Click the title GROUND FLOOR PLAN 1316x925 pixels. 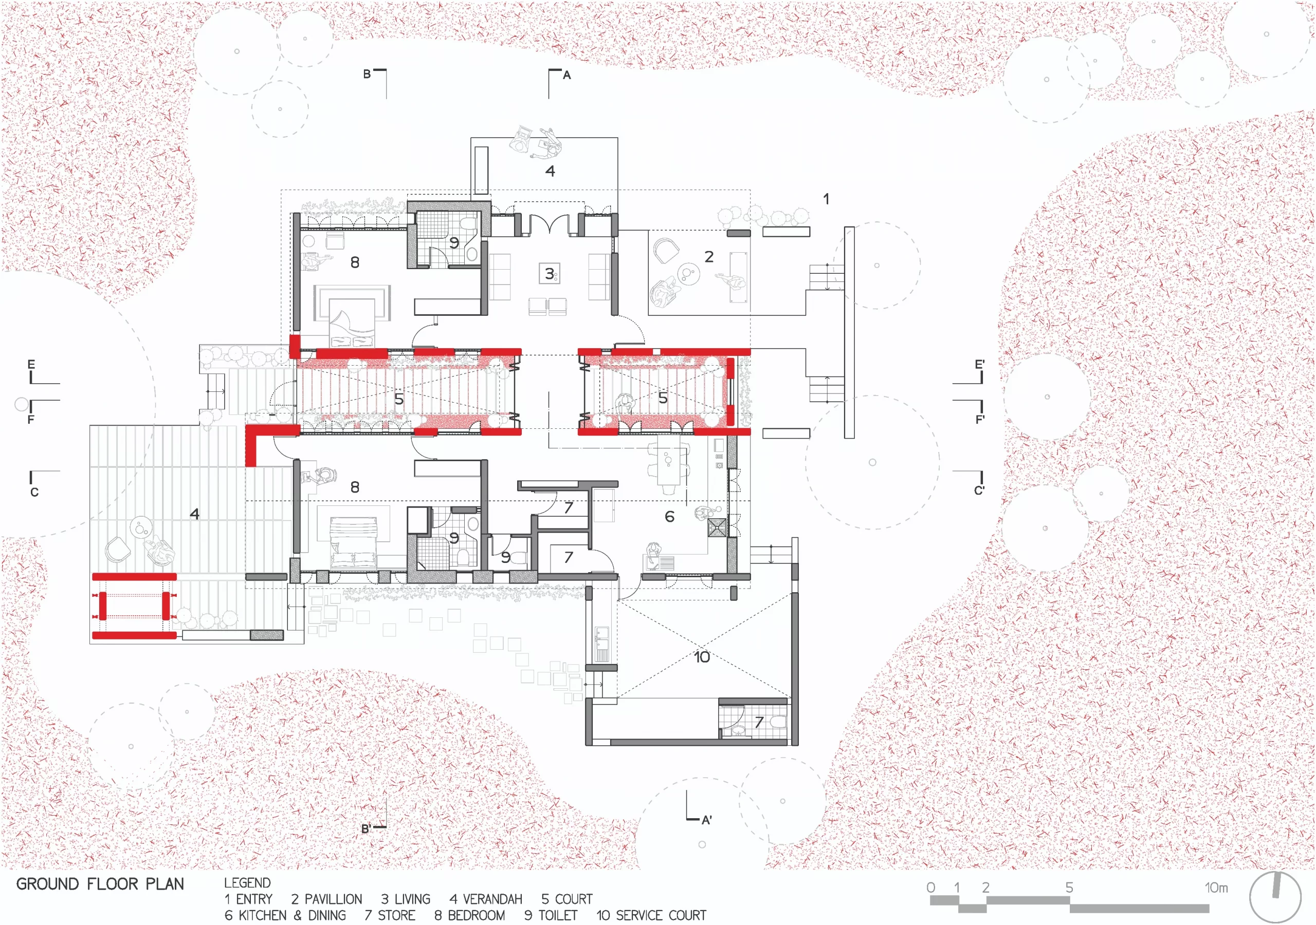[x=100, y=884]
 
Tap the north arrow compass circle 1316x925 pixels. [x=1275, y=897]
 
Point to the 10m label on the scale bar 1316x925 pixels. [x=1216, y=887]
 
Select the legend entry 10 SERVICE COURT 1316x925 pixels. [x=651, y=915]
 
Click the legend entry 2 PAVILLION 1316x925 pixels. [x=326, y=899]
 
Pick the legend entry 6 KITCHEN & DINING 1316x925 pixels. [x=285, y=915]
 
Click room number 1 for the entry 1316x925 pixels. [x=826, y=199]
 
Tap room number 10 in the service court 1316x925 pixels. [x=702, y=657]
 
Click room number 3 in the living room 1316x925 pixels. [x=549, y=274]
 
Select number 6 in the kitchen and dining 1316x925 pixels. [x=669, y=517]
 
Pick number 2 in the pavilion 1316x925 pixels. [x=709, y=257]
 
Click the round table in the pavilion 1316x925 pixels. [x=687, y=274]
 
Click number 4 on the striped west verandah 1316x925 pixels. [x=195, y=514]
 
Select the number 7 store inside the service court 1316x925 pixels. [x=759, y=722]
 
